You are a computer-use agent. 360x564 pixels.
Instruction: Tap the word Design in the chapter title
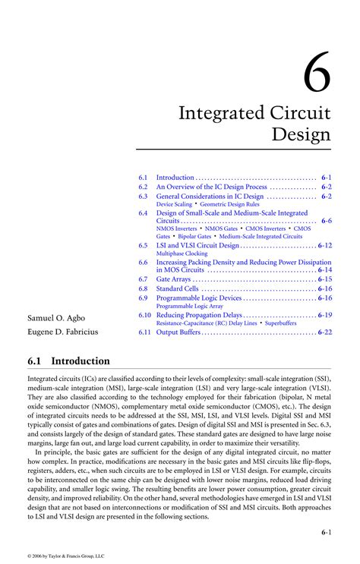(302, 135)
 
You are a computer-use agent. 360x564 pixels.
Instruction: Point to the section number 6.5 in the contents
(143, 246)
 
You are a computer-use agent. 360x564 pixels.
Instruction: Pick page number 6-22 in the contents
(325, 332)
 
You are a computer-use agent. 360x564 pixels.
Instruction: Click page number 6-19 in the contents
(325, 314)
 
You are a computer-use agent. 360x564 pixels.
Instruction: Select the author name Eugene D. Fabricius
(63, 332)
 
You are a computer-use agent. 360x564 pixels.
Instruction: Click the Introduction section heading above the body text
(80, 361)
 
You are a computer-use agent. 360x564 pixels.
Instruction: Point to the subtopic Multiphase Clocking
(182, 254)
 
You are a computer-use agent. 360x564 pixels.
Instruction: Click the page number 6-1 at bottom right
(326, 533)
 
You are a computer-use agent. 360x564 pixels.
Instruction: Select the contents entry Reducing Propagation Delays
(200, 314)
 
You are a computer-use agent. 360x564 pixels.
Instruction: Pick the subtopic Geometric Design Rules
(230, 204)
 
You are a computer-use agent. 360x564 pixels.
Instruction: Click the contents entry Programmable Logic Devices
(199, 298)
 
